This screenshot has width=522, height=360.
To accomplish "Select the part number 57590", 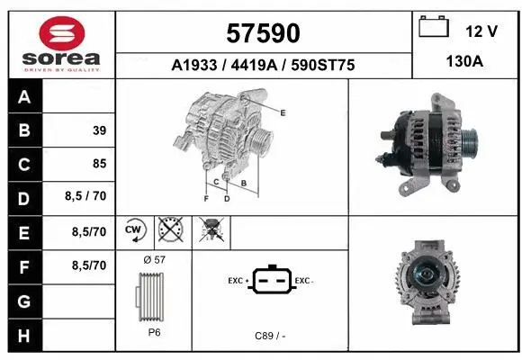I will pos(261,33).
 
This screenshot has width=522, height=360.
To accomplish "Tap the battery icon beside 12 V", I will pos(435,28).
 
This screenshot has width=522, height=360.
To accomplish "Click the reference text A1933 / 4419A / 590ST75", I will pos(262,65).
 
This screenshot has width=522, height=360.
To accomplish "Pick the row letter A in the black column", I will pos(24,97).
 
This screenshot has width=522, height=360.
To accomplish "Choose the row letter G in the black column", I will pos(24,299).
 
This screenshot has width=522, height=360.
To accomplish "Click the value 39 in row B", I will pos(99,130).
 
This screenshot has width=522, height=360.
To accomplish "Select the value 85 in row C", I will pos(99,164).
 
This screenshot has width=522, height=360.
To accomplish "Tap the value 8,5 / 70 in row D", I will pos(87,197).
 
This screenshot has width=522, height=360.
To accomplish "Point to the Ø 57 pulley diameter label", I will pos(154,259).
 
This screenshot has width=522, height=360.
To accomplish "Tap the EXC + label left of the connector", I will pos(238,281).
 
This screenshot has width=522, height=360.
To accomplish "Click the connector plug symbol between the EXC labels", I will pos(270,282).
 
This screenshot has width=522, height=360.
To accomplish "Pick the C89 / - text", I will pos(270,336).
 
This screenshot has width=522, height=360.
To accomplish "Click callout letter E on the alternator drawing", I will pos(283,112).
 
